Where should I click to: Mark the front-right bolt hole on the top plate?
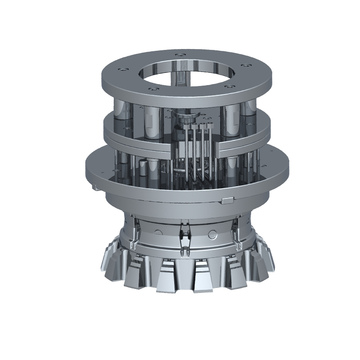229,85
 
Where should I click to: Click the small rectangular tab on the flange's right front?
228,200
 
